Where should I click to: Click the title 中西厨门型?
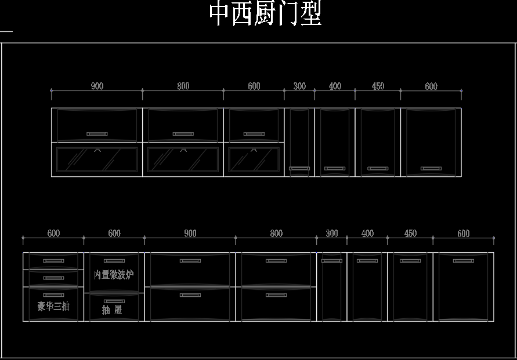click(x=265, y=13)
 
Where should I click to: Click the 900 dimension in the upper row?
click(x=97, y=86)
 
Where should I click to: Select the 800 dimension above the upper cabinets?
click(x=183, y=86)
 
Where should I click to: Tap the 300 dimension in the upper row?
click(x=300, y=86)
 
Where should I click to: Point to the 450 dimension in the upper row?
click(x=378, y=86)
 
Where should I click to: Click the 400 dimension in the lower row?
click(x=368, y=234)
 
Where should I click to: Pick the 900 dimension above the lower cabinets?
click(x=190, y=234)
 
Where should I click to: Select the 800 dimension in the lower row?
click(x=276, y=234)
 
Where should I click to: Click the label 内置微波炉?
click(x=114, y=275)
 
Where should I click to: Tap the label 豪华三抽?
click(x=53, y=306)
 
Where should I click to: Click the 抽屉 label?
click(x=112, y=310)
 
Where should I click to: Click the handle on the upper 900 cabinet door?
click(x=97, y=134)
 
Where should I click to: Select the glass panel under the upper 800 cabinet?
click(x=183, y=160)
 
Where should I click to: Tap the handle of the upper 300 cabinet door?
click(x=299, y=169)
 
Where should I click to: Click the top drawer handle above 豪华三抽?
click(x=53, y=261)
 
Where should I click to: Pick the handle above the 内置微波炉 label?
click(x=114, y=261)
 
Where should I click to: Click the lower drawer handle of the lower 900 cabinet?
click(x=190, y=295)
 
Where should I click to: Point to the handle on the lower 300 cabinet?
click(x=332, y=261)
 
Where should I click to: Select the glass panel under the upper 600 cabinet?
click(x=254, y=160)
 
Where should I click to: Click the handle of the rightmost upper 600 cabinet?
click(x=431, y=169)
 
